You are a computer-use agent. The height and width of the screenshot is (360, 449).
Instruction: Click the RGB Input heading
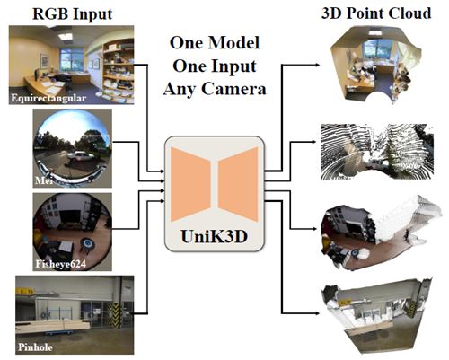pos(72,14)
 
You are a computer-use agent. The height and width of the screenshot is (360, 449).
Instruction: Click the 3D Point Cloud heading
pos(376,13)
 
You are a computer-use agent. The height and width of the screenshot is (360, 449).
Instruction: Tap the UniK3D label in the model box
pos(215,236)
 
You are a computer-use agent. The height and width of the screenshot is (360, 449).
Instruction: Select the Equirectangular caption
pos(48,98)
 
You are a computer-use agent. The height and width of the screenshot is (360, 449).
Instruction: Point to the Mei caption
pos(44,180)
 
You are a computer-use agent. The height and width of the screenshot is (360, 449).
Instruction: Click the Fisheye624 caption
pos(60,264)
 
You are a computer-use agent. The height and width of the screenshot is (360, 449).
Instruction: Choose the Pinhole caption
pos(35,347)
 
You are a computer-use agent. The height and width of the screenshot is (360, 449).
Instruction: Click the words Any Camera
pos(215,89)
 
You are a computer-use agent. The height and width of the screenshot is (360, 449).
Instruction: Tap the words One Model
pos(215,42)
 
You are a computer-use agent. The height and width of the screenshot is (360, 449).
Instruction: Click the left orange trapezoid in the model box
pos(190,184)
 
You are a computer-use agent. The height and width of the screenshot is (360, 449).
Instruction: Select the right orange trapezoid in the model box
pos(238,184)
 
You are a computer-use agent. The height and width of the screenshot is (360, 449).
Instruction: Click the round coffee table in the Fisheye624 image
pos(87,244)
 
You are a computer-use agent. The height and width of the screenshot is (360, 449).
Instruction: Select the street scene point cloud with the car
pos(376,152)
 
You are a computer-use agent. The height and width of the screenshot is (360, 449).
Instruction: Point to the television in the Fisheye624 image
pos(69,216)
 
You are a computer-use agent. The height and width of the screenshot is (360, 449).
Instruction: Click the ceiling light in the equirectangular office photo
pos(66,36)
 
